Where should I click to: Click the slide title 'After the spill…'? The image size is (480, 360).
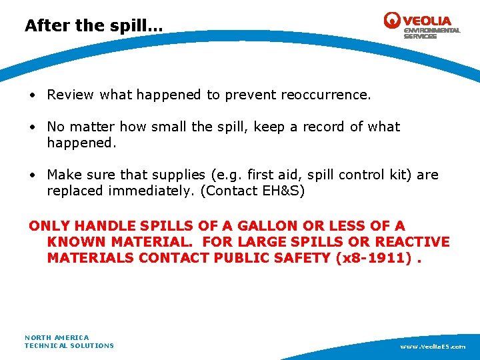(x=93, y=26)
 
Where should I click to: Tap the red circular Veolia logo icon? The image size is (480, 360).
(x=393, y=21)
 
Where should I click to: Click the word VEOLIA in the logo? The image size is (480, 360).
(x=428, y=21)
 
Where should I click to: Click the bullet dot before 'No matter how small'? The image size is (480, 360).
(x=33, y=127)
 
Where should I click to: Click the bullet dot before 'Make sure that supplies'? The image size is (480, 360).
(x=33, y=175)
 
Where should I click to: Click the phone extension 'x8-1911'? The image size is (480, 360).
(x=373, y=257)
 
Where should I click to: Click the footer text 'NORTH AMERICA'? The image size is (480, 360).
(x=57, y=337)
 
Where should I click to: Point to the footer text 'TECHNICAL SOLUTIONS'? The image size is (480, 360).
(x=69, y=345)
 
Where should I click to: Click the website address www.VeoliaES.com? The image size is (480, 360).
(x=433, y=347)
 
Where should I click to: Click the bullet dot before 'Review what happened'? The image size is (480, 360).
(x=33, y=95)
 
